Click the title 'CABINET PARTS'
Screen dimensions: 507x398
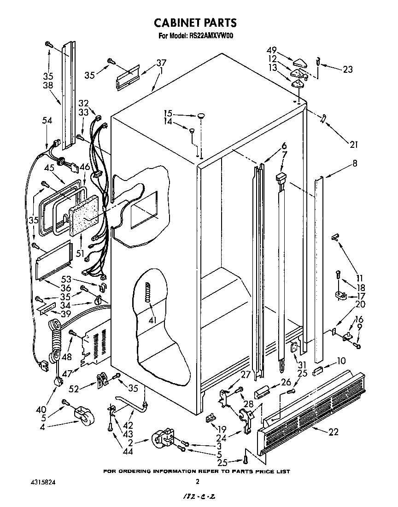click(x=195, y=23)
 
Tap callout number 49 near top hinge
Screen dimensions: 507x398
click(x=272, y=50)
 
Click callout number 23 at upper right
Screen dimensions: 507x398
click(x=347, y=70)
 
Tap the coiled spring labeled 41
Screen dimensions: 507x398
click(x=148, y=292)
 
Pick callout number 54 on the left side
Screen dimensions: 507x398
click(x=47, y=121)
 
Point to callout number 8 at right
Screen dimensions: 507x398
click(x=342, y=163)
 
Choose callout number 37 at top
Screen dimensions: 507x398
click(x=161, y=63)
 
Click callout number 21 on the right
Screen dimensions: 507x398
click(x=353, y=145)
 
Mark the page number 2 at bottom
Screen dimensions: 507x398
click(x=197, y=482)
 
